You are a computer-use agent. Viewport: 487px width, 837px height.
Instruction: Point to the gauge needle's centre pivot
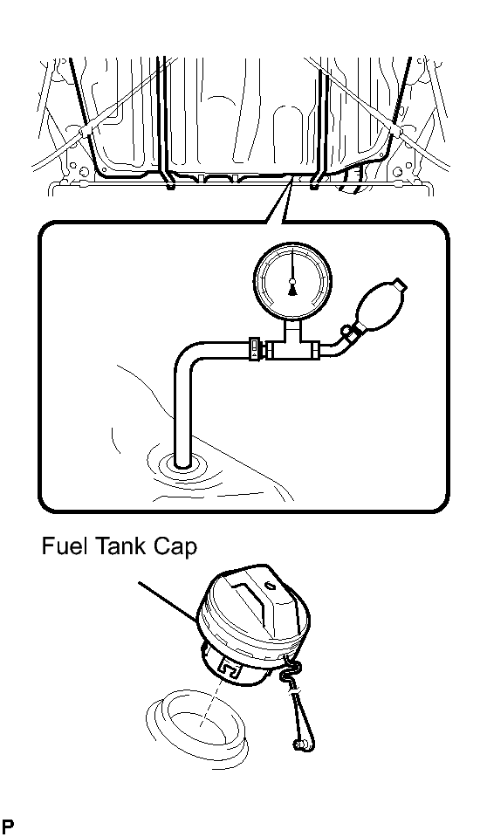(x=292, y=281)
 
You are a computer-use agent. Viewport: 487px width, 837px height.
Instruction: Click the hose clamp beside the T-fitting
(x=256, y=349)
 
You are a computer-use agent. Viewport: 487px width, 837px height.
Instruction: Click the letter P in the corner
(x=8, y=827)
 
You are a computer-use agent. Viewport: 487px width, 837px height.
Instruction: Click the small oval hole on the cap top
(x=271, y=586)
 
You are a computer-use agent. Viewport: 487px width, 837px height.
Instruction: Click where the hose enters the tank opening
(x=182, y=463)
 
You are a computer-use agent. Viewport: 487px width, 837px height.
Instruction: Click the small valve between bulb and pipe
(x=349, y=333)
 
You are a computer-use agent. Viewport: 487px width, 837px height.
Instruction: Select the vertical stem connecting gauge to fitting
(x=292, y=328)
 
